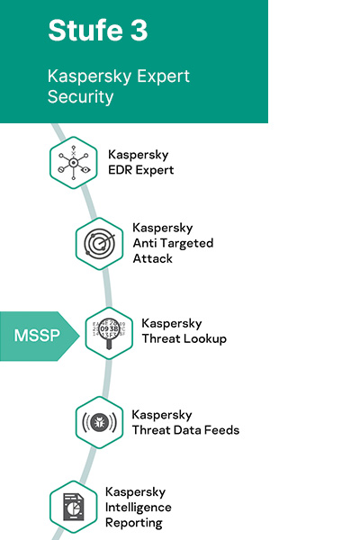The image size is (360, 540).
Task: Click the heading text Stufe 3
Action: pyautogui.click(x=98, y=31)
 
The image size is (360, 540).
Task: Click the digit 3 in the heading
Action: pyautogui.click(x=139, y=31)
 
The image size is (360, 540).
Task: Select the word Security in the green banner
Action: pyautogui.click(x=81, y=96)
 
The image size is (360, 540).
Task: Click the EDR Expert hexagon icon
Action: pyautogui.click(x=74, y=163)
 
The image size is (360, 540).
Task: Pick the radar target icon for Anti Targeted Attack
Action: pyautogui.click(x=100, y=244)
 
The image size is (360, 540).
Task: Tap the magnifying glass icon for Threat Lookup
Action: pyautogui.click(x=109, y=333)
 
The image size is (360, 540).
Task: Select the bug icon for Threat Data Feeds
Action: pyautogui.click(x=100, y=422)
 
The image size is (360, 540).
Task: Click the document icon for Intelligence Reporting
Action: pyautogui.click(x=74, y=507)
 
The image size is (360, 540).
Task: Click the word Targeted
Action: pyautogui.click(x=188, y=244)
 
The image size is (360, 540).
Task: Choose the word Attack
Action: pyautogui.click(x=153, y=258)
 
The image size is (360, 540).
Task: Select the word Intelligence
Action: pyautogui.click(x=139, y=508)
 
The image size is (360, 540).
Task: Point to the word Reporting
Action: pyautogui.click(x=134, y=523)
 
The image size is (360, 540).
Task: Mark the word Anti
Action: pyautogui.click(x=146, y=243)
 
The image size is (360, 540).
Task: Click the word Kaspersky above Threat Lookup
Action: pyautogui.click(x=172, y=324)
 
